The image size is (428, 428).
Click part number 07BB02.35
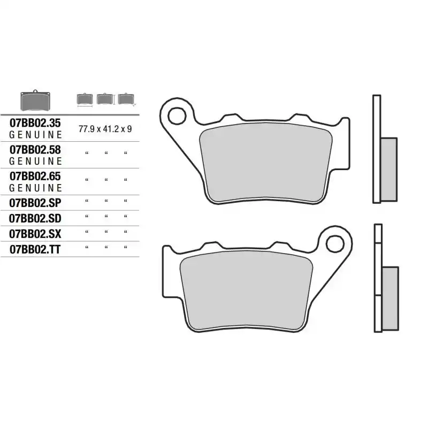pyautogui.click(x=35, y=123)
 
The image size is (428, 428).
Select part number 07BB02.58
pyautogui.click(x=35, y=150)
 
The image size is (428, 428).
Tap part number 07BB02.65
pyautogui.click(x=35, y=177)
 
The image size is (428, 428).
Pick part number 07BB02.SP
pyautogui.click(x=35, y=203)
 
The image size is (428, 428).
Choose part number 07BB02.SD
pyautogui.click(x=35, y=218)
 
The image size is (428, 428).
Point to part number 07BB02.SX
pyautogui.click(x=35, y=234)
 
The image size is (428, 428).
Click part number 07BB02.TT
pyautogui.click(x=35, y=249)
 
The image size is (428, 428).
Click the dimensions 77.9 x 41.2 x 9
pyautogui.click(x=105, y=129)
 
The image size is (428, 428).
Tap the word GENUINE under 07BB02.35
pyautogui.click(x=35, y=135)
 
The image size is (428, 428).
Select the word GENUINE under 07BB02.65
pyautogui.click(x=35, y=188)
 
